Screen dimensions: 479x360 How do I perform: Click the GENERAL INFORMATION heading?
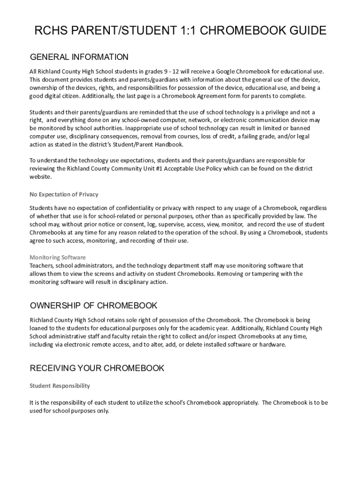click(79, 58)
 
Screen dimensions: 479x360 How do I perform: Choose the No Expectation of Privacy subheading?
click(64, 194)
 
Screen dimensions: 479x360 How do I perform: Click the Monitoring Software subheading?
click(58, 257)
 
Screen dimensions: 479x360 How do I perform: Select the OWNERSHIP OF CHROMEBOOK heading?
click(94, 306)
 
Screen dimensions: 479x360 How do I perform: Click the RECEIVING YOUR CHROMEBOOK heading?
click(97, 368)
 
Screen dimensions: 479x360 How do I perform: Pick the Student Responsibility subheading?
click(60, 386)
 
